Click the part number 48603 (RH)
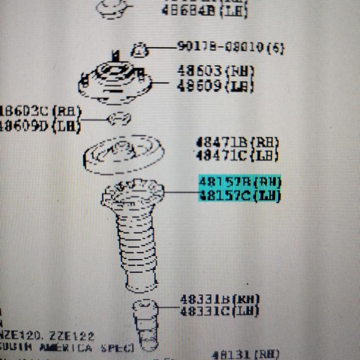click(x=215, y=70)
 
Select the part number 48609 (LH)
click(x=215, y=85)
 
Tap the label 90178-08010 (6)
click(x=230, y=47)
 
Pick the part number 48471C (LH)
click(x=237, y=154)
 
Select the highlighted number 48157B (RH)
click(x=240, y=182)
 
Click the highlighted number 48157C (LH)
click(x=240, y=195)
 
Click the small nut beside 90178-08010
click(x=140, y=49)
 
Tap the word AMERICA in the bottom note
click(x=66, y=348)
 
